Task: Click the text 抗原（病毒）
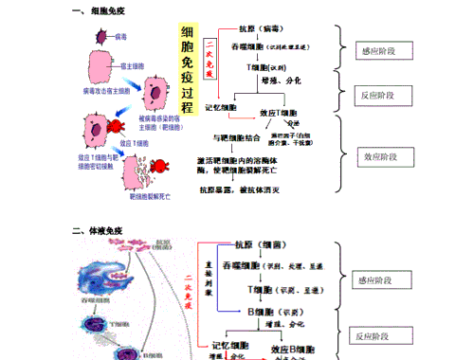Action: [259, 29]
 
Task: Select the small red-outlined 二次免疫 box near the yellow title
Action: [210, 59]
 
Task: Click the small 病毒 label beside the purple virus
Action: [120, 36]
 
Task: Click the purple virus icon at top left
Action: [100, 37]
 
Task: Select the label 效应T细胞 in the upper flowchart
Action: [277, 112]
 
